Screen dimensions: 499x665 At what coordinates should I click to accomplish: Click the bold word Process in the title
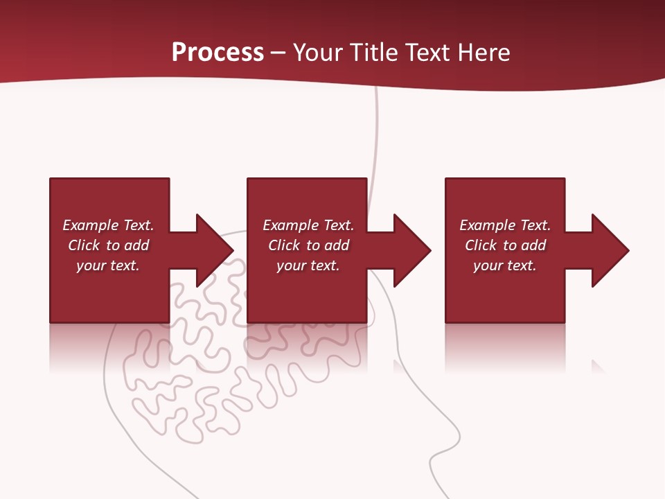[218, 53]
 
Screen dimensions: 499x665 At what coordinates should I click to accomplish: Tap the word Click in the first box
[84, 245]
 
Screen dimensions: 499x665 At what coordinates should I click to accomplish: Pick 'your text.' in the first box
[108, 265]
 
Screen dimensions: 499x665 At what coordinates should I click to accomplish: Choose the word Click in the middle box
[284, 245]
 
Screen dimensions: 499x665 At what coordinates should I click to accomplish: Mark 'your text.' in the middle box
[308, 265]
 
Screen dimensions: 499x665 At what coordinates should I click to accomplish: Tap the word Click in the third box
[481, 245]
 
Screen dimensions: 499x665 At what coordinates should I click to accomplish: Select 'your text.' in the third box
[505, 265]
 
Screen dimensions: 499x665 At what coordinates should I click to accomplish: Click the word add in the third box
[534, 245]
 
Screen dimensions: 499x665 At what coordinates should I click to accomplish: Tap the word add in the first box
[137, 245]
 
